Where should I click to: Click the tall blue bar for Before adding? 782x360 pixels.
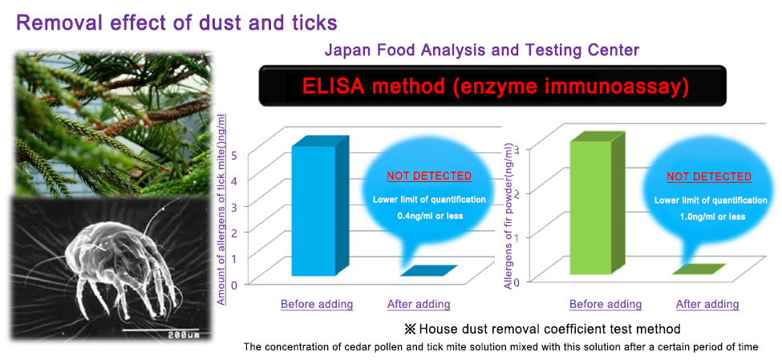point(314,209)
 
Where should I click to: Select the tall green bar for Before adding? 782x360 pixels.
point(591,207)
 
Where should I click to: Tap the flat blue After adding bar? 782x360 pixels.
point(428,271)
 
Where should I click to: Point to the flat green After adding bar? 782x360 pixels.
point(699,269)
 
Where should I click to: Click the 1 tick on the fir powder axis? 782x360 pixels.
point(517,237)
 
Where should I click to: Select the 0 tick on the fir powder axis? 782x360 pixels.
point(517,282)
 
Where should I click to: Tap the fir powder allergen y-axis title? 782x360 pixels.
point(509,216)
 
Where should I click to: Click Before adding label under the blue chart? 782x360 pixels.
point(317,304)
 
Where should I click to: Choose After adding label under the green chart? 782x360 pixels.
point(707,304)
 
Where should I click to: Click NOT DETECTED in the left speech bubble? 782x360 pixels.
point(429,176)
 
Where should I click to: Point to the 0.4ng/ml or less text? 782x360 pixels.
point(429,216)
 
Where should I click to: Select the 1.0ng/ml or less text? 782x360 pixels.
point(711,217)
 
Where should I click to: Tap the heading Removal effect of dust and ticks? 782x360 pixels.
point(177,22)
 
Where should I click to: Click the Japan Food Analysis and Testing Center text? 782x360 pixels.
point(482,50)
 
